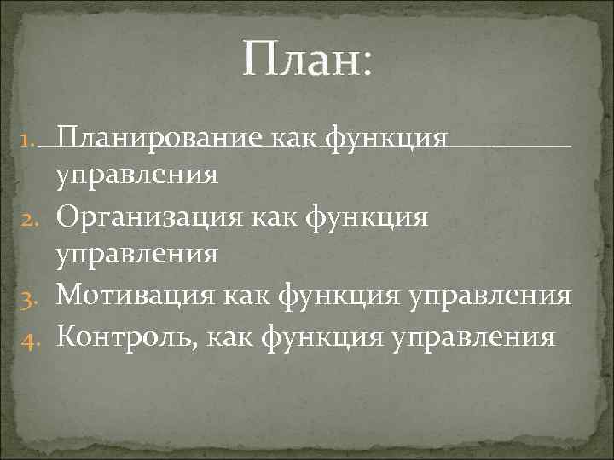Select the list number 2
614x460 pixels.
point(26,217)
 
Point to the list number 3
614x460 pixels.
point(26,296)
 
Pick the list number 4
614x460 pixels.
point(26,336)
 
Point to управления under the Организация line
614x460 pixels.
point(136,255)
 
